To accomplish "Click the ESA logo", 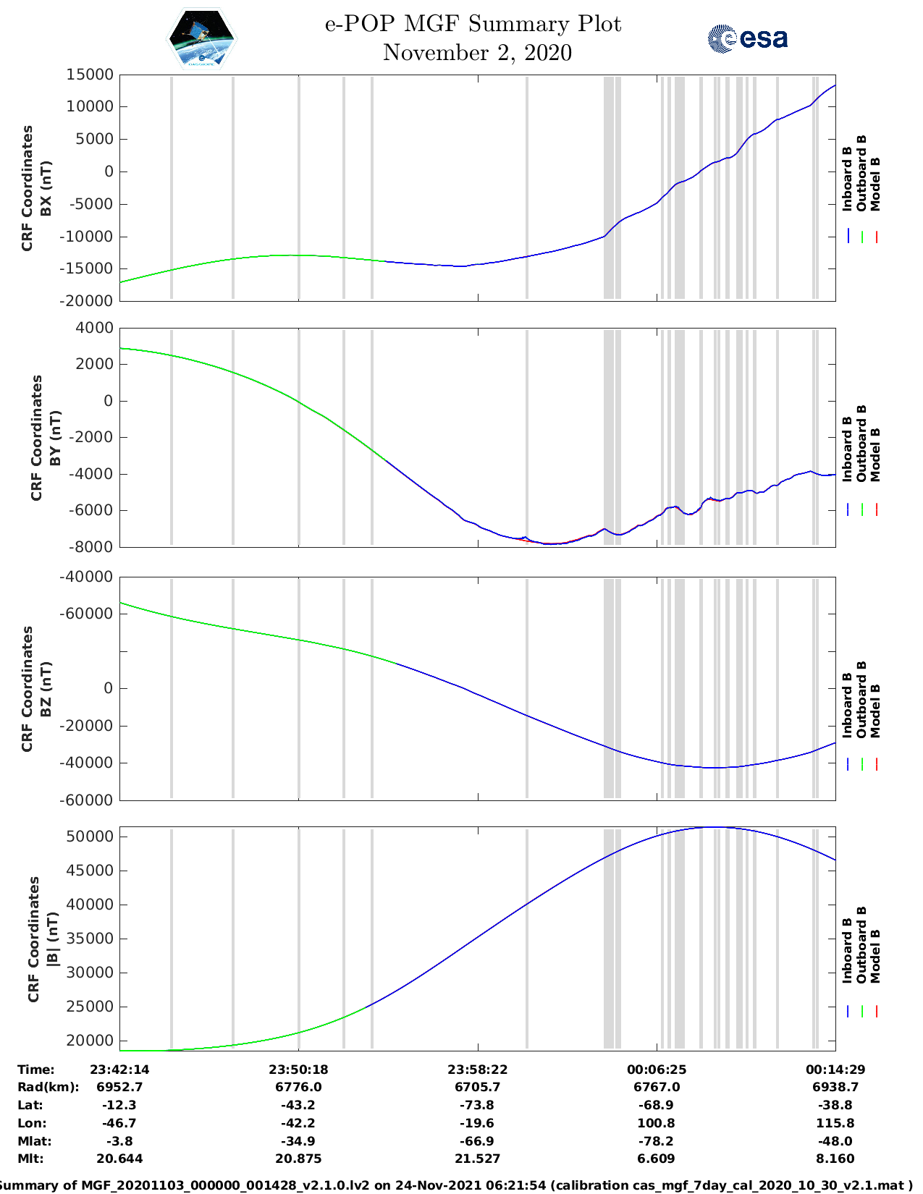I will tap(747, 38).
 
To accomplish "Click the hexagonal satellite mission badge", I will tap(202, 38).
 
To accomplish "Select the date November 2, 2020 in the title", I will tap(477, 53).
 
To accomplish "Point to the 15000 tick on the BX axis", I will tap(90, 75).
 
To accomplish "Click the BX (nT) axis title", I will tap(46, 188).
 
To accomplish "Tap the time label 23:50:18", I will tap(298, 1070).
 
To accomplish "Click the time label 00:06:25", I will tap(657, 1070).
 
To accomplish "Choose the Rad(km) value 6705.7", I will tap(477, 1087).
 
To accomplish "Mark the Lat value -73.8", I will tap(477, 1105).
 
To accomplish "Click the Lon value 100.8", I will tap(657, 1123).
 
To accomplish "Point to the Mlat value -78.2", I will tap(657, 1141).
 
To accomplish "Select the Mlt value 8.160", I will tap(835, 1159).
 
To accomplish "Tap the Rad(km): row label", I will tap(48, 1087).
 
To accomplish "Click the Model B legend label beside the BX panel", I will tap(875, 184).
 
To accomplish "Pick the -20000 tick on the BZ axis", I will tap(90, 726).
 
